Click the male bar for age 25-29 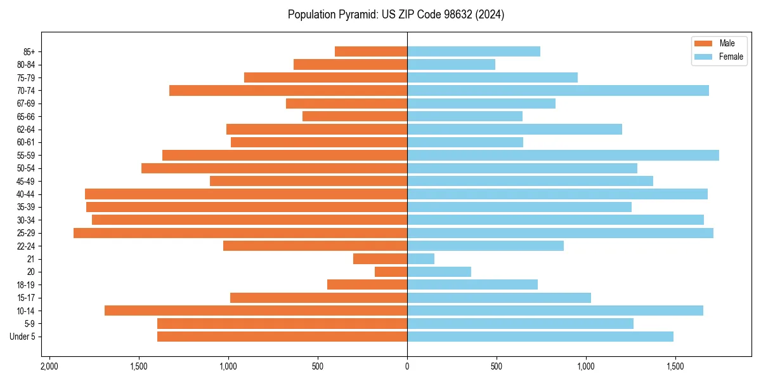point(240,233)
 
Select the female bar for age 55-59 point(563,156)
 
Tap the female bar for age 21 point(421,259)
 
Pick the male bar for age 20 point(391,272)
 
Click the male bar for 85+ point(371,51)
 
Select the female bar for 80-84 point(451,65)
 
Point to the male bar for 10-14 point(256,311)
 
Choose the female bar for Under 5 point(540,337)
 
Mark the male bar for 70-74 point(289,91)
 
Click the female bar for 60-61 point(465,142)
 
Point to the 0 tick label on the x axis point(407,366)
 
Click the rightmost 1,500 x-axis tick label point(675,366)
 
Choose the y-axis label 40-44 point(26,194)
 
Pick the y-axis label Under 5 point(23,337)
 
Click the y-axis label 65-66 point(26,117)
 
